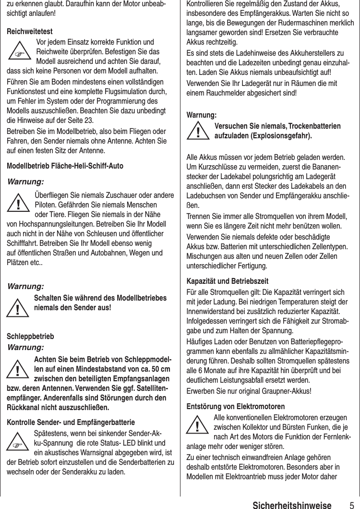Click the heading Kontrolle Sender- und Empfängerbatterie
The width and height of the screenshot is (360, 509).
[70, 423]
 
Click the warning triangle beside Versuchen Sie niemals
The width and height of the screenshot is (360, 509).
[198, 131]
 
